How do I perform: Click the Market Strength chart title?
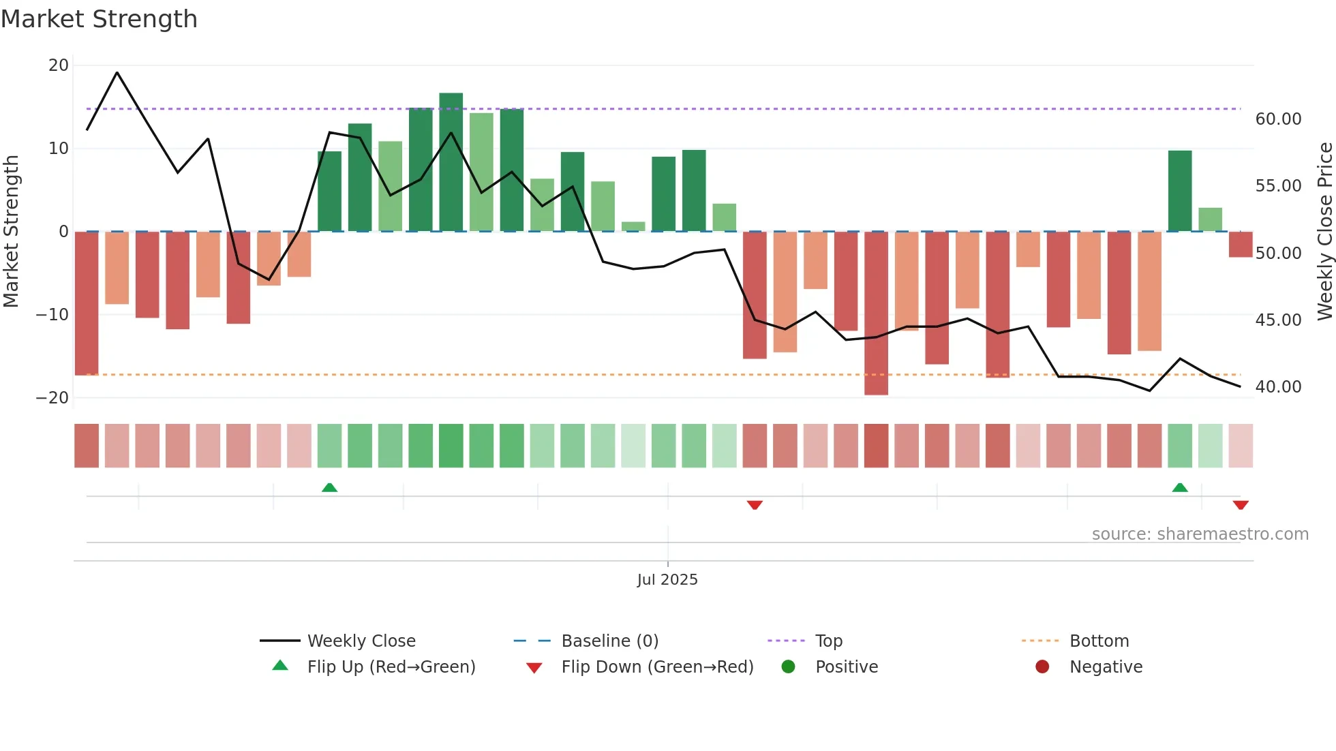click(99, 19)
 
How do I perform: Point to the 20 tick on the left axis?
click(59, 65)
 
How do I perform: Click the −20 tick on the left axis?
click(53, 397)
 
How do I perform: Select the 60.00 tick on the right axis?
click(1278, 119)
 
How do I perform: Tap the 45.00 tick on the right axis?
click(1278, 320)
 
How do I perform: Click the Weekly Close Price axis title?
click(1324, 232)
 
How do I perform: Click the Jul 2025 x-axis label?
click(667, 580)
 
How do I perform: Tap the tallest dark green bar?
click(451, 162)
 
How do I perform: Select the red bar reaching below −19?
click(876, 313)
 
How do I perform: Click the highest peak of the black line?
click(117, 72)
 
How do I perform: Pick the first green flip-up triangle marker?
click(329, 487)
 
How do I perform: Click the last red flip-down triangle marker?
click(1240, 505)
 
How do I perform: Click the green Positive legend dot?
click(788, 666)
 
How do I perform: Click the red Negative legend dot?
click(1042, 666)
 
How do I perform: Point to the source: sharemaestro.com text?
click(1200, 534)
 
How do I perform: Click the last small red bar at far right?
click(1240, 245)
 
